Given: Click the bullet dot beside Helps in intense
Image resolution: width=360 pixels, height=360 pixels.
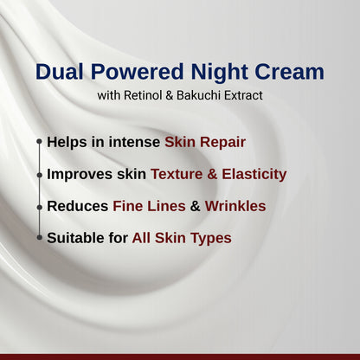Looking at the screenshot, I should [39, 142].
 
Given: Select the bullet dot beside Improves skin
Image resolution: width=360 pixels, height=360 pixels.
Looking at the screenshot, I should [39, 174].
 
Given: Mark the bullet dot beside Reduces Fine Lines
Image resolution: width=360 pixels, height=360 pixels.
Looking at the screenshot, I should [39, 206].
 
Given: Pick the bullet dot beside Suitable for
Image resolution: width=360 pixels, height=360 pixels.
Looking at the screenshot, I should [39, 237].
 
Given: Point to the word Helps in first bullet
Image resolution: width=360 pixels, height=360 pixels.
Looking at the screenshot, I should [67, 142].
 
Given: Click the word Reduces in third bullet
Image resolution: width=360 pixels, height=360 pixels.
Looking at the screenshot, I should [77, 206].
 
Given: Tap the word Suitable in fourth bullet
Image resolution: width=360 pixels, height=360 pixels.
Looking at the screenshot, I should [75, 237].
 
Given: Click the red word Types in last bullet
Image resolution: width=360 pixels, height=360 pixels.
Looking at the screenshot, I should [211, 238].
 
